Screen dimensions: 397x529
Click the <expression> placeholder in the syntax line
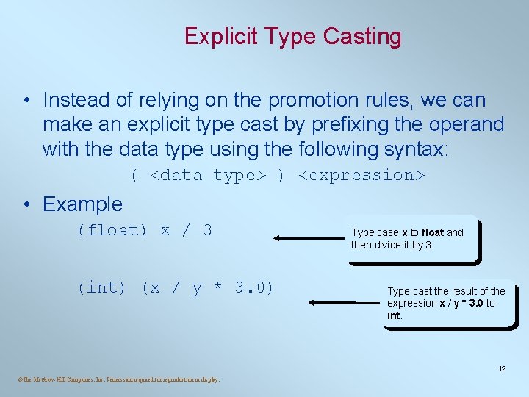pyautogui.click(x=361, y=175)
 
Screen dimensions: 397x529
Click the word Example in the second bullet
pyautogui.click(x=82, y=204)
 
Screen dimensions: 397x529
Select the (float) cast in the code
pyautogui.click(x=112, y=230)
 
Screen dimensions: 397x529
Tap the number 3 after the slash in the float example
pyautogui.click(x=207, y=230)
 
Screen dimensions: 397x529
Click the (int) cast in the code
pyautogui.click(x=101, y=287)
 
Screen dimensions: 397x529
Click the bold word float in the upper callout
pyautogui.click(x=433, y=232)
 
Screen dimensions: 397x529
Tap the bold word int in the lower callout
pyautogui.click(x=394, y=315)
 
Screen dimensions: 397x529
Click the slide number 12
pyautogui.click(x=502, y=368)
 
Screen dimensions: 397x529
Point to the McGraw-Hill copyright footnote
pyautogui.click(x=116, y=379)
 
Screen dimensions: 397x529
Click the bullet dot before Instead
pyautogui.click(x=26, y=100)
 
